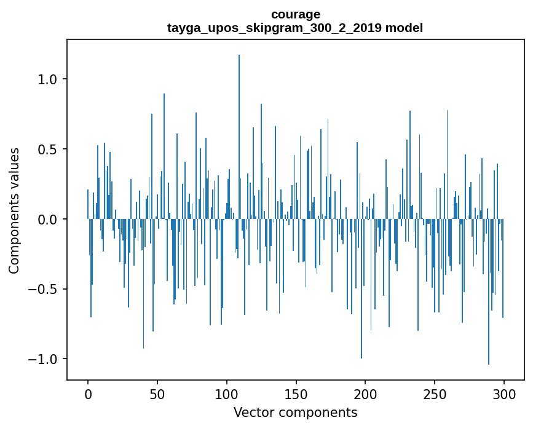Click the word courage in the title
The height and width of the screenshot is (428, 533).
click(x=295, y=14)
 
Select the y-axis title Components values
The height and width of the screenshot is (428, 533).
click(x=14, y=210)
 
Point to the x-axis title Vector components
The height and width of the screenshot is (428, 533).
click(x=295, y=412)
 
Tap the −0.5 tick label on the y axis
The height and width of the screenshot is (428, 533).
click(x=44, y=289)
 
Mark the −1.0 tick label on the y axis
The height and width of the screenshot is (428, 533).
click(x=44, y=359)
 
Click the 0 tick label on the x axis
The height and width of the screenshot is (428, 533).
click(x=88, y=394)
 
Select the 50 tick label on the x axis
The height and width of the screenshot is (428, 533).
click(x=157, y=394)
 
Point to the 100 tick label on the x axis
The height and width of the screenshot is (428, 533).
click(x=227, y=394)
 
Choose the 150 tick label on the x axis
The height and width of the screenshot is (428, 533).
click(x=296, y=394)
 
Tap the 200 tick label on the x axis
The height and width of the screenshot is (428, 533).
click(x=365, y=394)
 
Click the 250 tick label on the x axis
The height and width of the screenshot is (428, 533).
click(x=435, y=394)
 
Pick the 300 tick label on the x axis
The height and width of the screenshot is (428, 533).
click(x=504, y=394)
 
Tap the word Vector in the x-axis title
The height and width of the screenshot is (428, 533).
click(x=253, y=412)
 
